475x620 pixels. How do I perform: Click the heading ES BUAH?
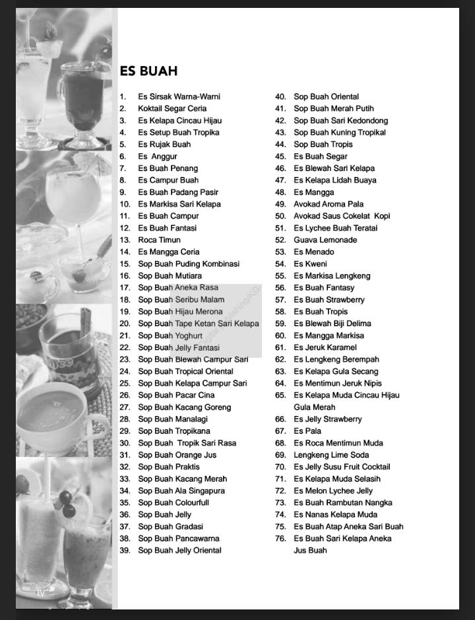tap(148, 71)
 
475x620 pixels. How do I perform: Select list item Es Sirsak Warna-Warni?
tap(179, 96)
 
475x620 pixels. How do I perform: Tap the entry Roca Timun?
tap(159, 240)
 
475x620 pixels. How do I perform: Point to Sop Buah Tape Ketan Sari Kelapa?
tap(198, 324)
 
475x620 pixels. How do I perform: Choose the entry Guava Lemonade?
tap(325, 240)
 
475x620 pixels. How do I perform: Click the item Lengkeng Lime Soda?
tap(331, 455)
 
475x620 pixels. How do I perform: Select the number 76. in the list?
tap(280, 538)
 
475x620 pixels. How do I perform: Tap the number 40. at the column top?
tap(280, 96)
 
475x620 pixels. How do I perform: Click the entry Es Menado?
tap(314, 252)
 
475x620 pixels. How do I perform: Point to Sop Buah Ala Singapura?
tap(181, 491)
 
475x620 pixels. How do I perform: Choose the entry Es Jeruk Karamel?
tap(325, 347)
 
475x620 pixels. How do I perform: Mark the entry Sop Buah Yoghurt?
tap(170, 335)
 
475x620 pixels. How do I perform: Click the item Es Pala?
tap(307, 431)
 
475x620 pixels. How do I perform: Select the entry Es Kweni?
tap(310, 263)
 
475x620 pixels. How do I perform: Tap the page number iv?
tap(41, 593)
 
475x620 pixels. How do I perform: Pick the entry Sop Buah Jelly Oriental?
tap(179, 550)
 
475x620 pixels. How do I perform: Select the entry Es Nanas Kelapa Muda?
tap(335, 514)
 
